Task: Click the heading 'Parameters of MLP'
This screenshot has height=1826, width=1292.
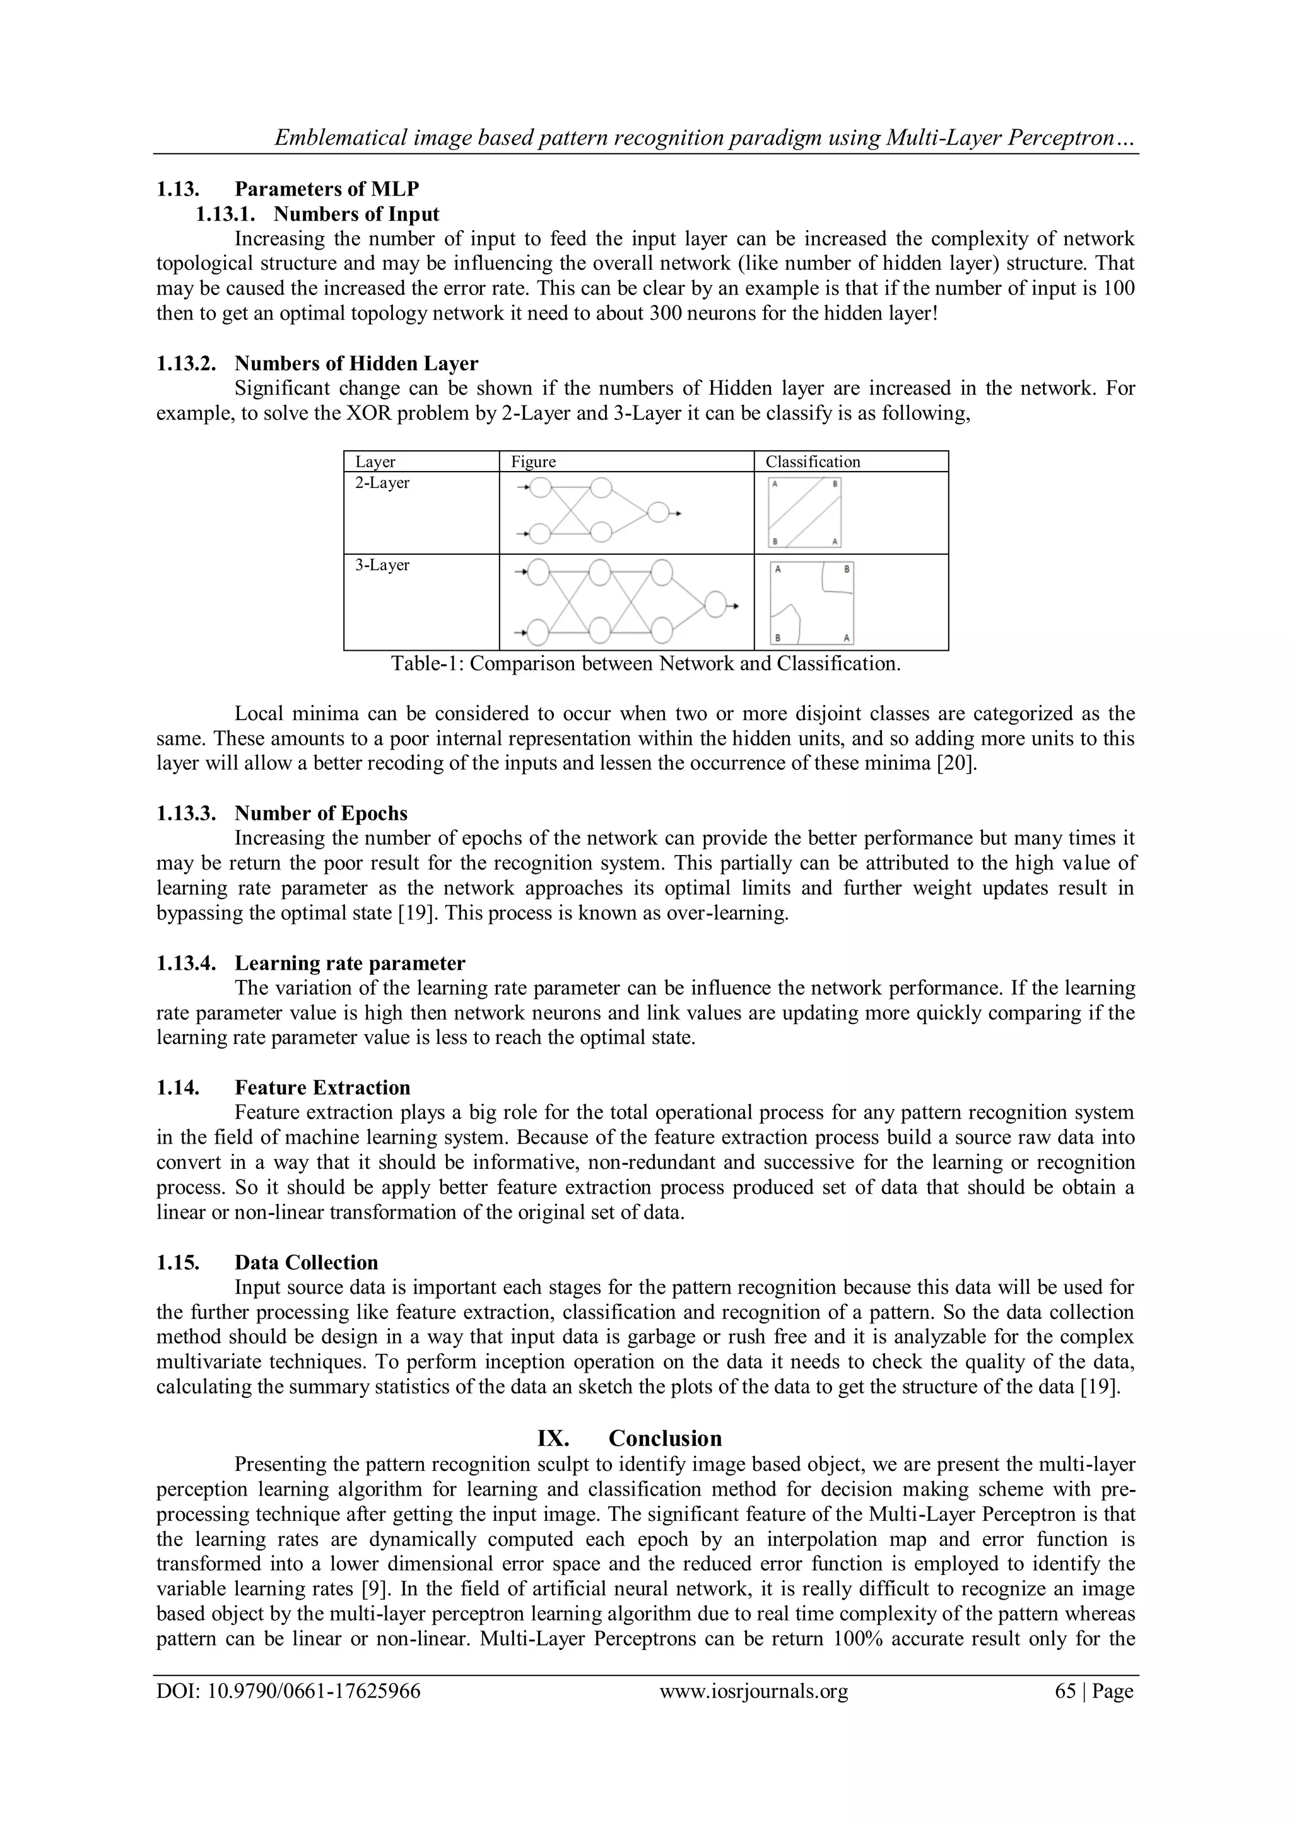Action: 326,189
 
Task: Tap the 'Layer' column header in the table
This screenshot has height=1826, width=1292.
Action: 375,462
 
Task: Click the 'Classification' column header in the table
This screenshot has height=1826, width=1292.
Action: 813,462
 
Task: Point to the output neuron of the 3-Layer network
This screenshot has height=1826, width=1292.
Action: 715,605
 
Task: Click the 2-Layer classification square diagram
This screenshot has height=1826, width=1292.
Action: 804,512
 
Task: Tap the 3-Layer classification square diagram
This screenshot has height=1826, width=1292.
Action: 811,603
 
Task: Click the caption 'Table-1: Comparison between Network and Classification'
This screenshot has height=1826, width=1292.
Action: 645,664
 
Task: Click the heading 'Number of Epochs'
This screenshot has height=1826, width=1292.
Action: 320,813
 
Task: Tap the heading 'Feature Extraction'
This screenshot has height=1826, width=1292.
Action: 322,1088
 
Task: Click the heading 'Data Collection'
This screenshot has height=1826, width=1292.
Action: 307,1263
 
